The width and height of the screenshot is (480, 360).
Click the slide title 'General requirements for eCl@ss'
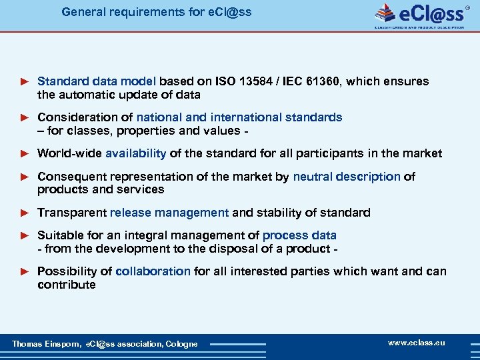[x=157, y=12]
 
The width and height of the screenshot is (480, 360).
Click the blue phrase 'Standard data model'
[x=97, y=81]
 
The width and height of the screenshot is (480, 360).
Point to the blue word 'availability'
[x=135, y=153]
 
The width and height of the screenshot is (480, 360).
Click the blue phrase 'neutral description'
[x=347, y=177]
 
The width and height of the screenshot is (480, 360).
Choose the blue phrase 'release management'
[x=169, y=213]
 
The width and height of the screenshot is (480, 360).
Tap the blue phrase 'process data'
[x=299, y=235]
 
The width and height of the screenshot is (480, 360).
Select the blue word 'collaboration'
[x=153, y=271]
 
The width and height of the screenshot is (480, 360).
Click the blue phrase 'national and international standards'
[x=239, y=117]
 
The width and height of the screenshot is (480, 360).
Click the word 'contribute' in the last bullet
[x=66, y=285]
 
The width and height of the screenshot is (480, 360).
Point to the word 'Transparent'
[x=72, y=213]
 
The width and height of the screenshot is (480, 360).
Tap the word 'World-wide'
[x=69, y=153]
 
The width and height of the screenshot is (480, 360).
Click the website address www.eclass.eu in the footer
[x=417, y=343]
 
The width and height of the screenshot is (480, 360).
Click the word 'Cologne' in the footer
[x=181, y=344]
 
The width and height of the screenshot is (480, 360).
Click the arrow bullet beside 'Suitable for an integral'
[x=25, y=235]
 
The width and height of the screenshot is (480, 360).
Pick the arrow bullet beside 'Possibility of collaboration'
[x=25, y=271]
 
